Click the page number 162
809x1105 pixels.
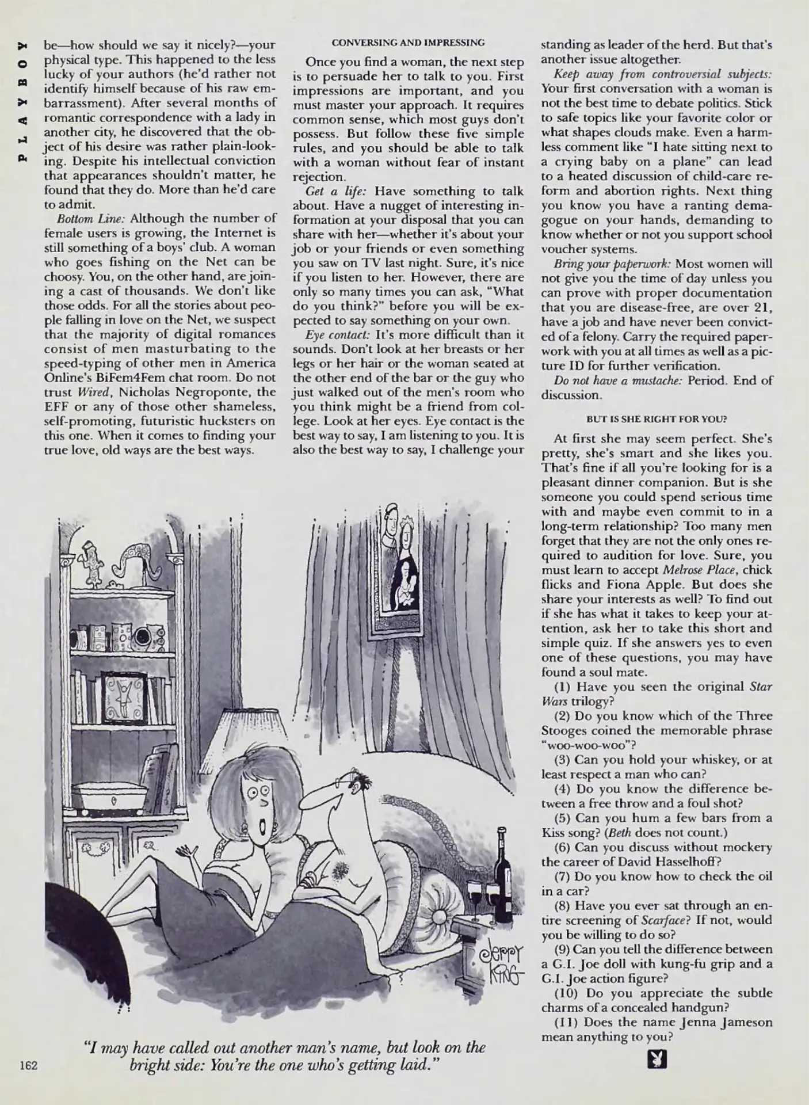(x=28, y=1065)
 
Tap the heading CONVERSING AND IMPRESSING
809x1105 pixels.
(x=408, y=43)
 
